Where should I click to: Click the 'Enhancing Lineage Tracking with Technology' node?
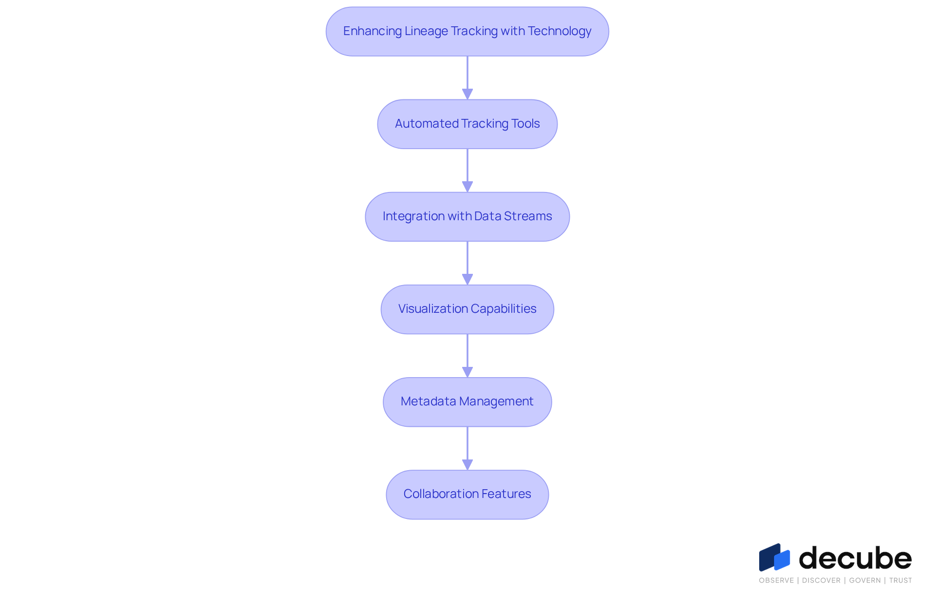467,31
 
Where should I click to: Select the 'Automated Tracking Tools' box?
467,124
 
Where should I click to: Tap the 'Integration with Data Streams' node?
467,217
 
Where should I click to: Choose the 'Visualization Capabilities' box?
467,309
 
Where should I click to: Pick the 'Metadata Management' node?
467,402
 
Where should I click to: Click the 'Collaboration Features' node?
467,495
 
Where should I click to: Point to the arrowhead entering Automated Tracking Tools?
467,94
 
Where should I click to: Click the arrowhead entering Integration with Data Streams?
467,187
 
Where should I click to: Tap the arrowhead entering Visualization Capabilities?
467,279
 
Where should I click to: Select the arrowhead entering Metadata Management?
467,372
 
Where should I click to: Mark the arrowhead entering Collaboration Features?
467,464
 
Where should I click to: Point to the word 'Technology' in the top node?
560,32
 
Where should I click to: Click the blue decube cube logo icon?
774,557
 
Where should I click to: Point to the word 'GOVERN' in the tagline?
865,580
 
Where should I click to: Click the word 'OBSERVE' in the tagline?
776,580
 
